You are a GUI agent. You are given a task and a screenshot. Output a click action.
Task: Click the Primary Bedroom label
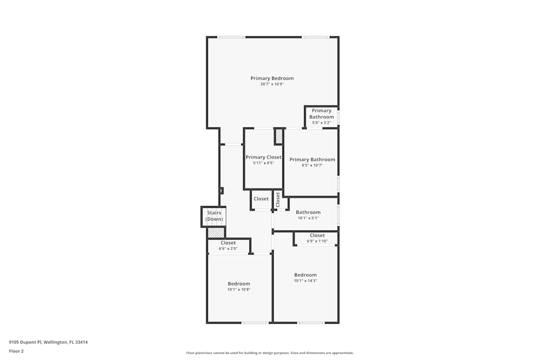[x=272, y=78]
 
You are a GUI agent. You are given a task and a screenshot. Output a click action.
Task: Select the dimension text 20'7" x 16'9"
[x=272, y=84]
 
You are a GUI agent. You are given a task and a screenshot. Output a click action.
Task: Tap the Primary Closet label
[x=264, y=157]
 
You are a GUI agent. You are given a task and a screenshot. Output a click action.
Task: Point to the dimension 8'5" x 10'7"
[x=312, y=165]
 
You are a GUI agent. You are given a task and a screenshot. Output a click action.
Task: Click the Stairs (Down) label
[x=214, y=216]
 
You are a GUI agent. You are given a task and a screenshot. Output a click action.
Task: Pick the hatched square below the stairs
[x=216, y=233]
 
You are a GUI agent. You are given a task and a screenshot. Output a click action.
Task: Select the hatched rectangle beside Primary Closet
[x=279, y=136]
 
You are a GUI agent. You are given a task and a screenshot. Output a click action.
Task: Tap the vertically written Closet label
[x=278, y=200]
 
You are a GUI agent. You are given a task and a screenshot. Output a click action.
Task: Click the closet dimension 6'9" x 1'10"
[x=317, y=241]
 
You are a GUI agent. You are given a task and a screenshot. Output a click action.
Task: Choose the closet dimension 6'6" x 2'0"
[x=228, y=248]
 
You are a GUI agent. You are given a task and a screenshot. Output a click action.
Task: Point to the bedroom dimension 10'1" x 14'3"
[x=305, y=281]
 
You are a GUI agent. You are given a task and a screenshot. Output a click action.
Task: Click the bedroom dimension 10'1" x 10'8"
[x=239, y=289]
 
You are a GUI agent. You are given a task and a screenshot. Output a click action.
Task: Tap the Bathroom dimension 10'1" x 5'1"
[x=308, y=218]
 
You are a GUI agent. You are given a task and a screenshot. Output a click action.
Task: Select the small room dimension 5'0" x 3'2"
[x=321, y=123]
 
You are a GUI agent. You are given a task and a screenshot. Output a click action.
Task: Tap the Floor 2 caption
[x=16, y=351]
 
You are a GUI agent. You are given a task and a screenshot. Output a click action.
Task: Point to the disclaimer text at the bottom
[x=270, y=353]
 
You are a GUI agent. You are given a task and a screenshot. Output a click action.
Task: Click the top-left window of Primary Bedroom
[x=231, y=37]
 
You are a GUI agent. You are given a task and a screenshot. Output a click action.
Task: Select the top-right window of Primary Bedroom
[x=315, y=37]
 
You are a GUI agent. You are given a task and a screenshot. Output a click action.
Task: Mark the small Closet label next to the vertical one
[x=261, y=199]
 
